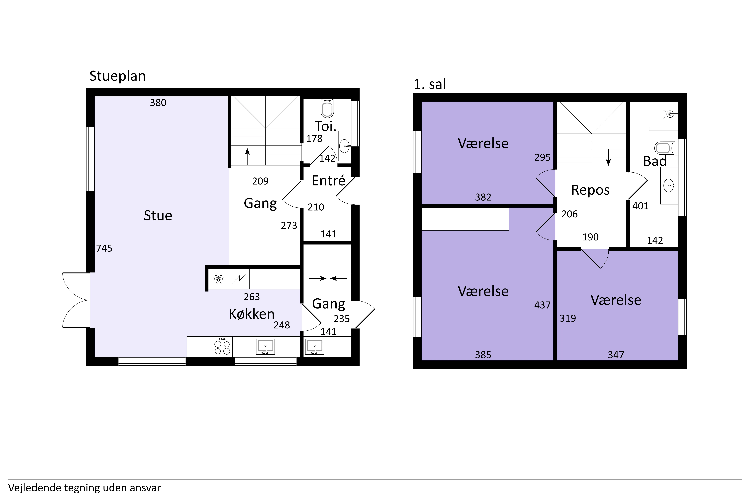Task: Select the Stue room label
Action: tap(158, 215)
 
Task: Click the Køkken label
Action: tap(252, 314)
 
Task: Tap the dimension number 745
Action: tap(104, 248)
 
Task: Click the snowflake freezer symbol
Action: tap(218, 279)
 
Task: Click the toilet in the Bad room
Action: tap(664, 148)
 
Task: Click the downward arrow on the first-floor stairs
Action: tap(608, 157)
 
